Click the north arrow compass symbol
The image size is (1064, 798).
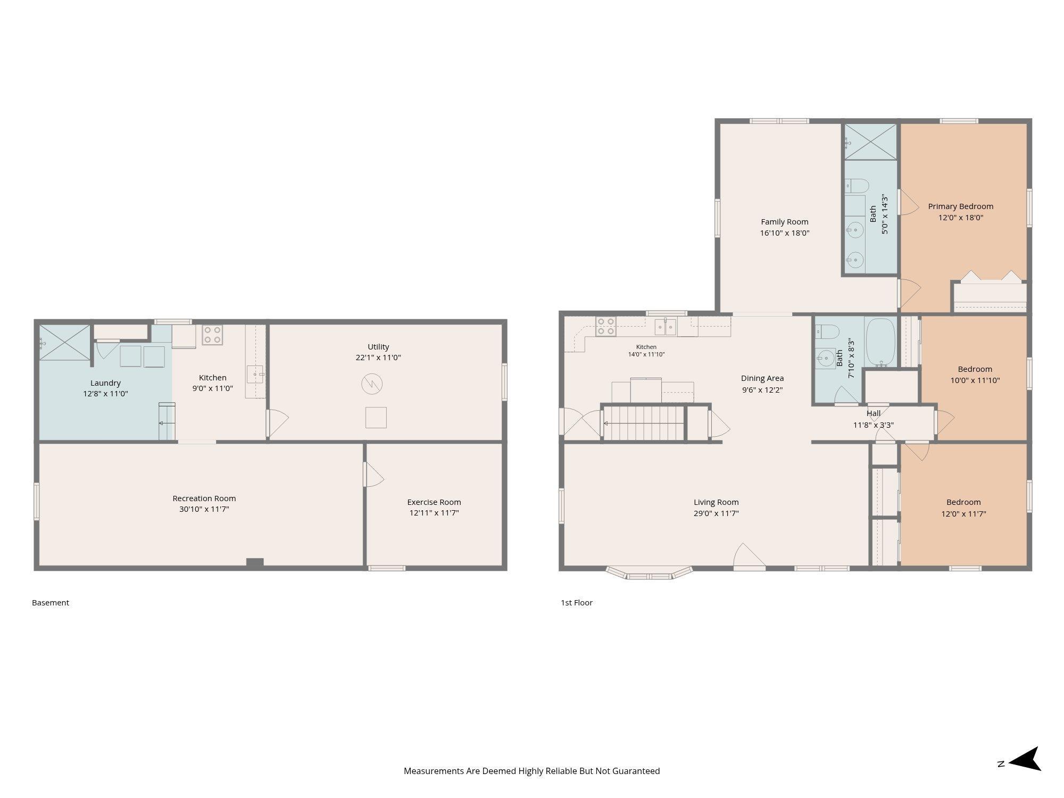click(x=1025, y=759)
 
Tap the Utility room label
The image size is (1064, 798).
click(x=378, y=347)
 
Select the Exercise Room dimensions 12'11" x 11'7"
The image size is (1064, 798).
click(x=434, y=513)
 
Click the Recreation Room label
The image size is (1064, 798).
click(x=204, y=498)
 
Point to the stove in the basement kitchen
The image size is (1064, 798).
click(x=212, y=335)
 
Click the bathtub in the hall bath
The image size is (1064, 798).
click(x=881, y=342)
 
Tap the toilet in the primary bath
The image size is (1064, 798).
click(x=857, y=186)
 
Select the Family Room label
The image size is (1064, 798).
click(x=785, y=222)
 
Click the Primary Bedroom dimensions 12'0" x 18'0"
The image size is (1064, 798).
click(x=961, y=218)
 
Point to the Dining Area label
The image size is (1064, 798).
click(x=762, y=378)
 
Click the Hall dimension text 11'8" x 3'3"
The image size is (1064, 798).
click(x=874, y=425)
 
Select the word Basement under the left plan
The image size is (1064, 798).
click(x=51, y=603)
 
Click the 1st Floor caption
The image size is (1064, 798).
click(x=577, y=603)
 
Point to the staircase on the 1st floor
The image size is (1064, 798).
click(x=643, y=423)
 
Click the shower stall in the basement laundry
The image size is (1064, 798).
click(x=64, y=343)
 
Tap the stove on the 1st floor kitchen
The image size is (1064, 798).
click(x=606, y=326)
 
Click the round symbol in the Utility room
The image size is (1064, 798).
click(x=372, y=384)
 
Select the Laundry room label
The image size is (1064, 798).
click(x=105, y=383)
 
